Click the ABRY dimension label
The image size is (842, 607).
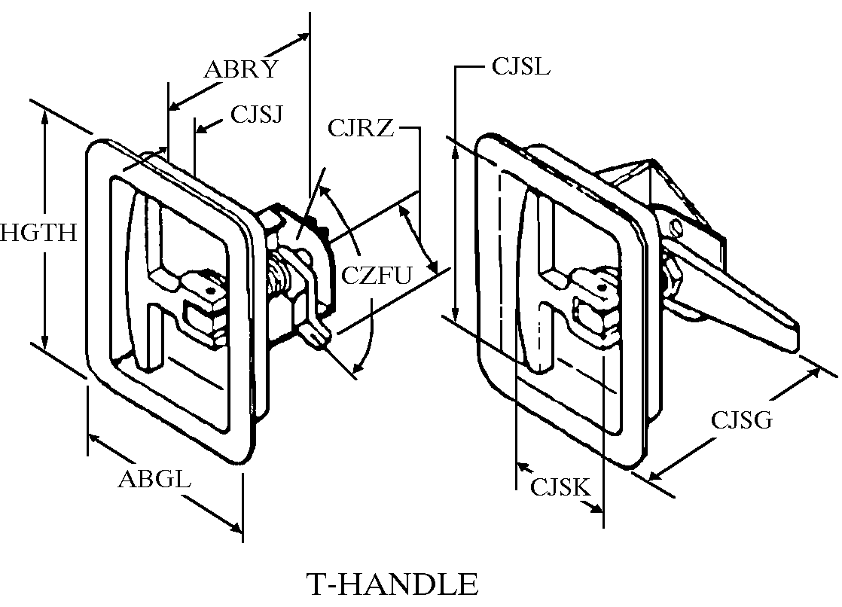[241, 69]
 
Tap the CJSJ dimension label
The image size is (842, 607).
[256, 114]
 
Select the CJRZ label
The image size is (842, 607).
[360, 128]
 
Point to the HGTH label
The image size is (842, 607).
[38, 233]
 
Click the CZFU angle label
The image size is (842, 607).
[377, 276]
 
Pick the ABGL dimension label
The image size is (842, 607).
[154, 478]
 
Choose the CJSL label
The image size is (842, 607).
[521, 66]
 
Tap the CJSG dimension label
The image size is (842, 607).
[742, 419]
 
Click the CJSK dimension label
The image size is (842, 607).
[560, 487]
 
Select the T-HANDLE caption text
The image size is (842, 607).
[392, 584]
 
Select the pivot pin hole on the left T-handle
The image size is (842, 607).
[213, 291]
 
